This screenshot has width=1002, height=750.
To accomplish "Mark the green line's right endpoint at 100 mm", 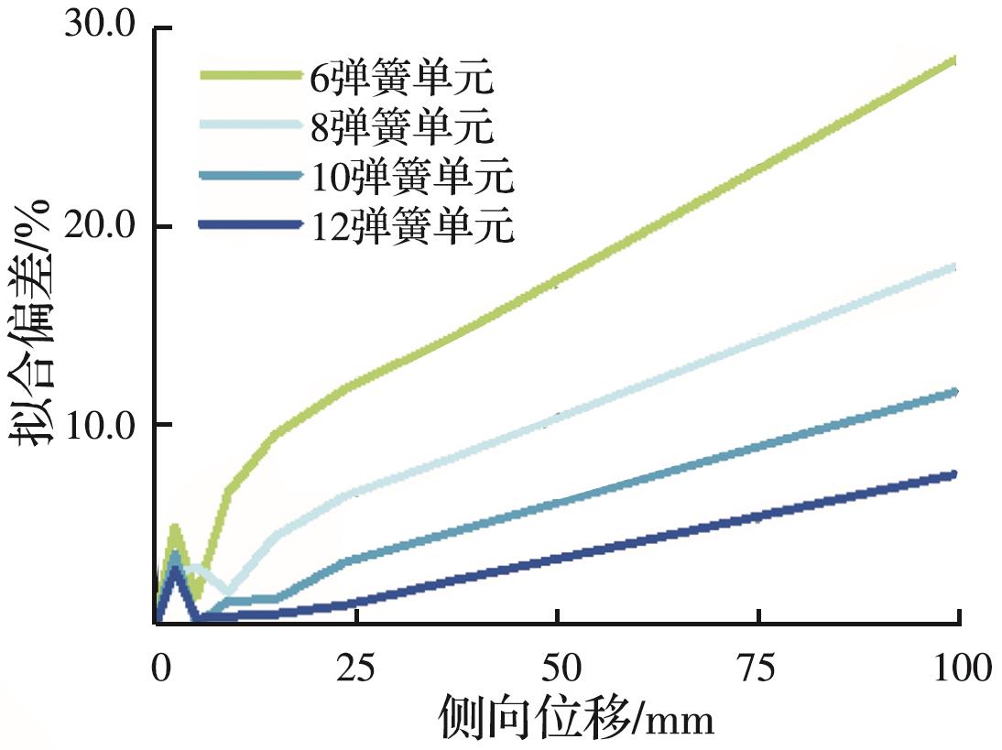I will tap(955, 60).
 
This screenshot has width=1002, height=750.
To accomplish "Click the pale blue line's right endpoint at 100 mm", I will tap(955, 267).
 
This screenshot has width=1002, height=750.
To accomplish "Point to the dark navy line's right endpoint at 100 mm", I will tap(955, 473).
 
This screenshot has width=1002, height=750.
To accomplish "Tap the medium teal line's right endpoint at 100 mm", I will tap(955, 392).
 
